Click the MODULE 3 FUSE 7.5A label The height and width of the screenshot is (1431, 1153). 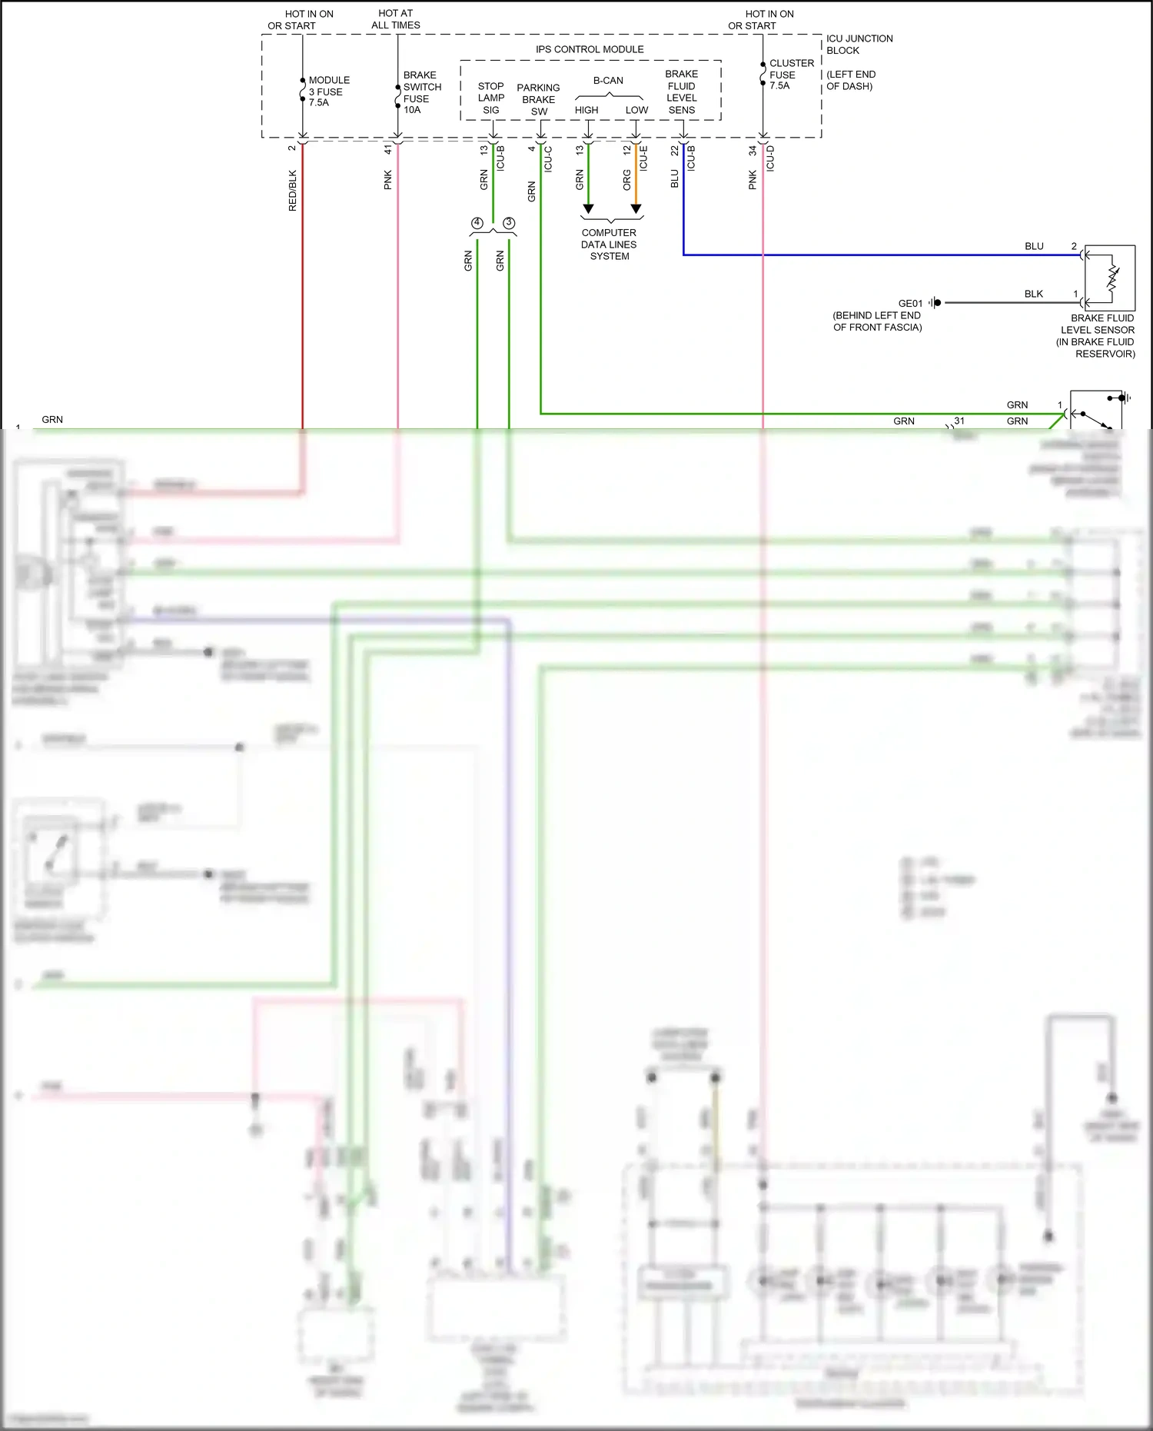(x=328, y=92)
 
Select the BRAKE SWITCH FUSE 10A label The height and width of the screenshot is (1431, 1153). (x=421, y=92)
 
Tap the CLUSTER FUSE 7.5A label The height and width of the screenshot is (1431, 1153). (x=791, y=75)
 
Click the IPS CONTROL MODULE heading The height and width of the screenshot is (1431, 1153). (x=590, y=49)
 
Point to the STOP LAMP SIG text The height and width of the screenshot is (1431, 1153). (x=491, y=98)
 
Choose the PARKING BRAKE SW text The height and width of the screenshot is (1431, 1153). (x=538, y=100)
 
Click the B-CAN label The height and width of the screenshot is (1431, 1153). (x=608, y=80)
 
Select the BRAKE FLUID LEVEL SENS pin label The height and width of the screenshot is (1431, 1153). (x=682, y=92)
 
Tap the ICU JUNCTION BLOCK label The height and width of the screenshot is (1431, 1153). (x=859, y=45)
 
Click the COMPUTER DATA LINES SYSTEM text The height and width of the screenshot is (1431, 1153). (x=609, y=245)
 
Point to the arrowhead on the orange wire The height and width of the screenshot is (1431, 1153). (x=636, y=208)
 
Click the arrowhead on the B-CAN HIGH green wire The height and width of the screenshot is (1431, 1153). (x=588, y=208)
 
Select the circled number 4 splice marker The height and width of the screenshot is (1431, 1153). (x=477, y=223)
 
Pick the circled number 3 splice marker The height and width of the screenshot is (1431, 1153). (x=509, y=223)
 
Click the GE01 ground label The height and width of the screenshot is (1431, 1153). (x=910, y=304)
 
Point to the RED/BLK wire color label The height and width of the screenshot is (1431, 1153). (x=292, y=191)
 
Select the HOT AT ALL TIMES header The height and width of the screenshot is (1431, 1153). (x=396, y=19)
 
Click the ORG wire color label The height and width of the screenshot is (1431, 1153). (x=627, y=181)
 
